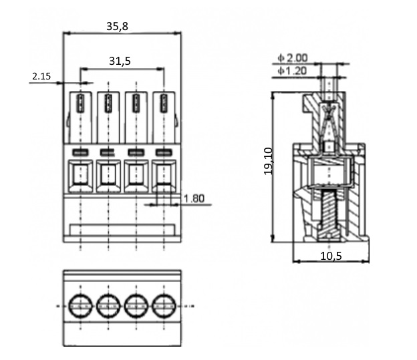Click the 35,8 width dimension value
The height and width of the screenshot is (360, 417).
[x=118, y=26]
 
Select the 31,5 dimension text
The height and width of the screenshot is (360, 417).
[x=120, y=61]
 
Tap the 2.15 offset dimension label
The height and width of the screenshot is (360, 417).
[x=41, y=76]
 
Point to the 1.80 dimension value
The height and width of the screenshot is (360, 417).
[x=194, y=198]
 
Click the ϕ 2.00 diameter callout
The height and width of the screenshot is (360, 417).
[x=293, y=57]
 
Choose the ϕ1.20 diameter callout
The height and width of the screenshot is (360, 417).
[x=292, y=71]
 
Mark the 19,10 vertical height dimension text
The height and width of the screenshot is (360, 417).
[x=268, y=161]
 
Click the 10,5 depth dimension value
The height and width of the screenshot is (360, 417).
[x=331, y=256]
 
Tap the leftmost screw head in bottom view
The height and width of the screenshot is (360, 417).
[x=81, y=306]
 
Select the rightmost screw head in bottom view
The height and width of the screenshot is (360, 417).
[x=164, y=306]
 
